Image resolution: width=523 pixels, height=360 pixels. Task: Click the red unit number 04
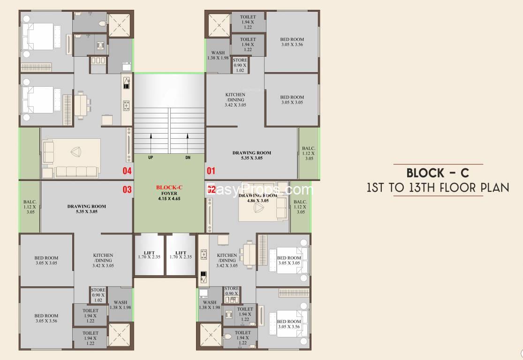127,171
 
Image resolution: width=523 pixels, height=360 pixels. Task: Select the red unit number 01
211,171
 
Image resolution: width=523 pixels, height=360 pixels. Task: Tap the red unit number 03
127,190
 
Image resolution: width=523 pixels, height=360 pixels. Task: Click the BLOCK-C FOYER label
169,193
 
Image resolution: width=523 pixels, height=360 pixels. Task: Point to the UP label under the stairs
151,158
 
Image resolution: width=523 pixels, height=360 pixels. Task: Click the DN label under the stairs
188,158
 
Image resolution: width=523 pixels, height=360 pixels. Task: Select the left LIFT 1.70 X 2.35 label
149,255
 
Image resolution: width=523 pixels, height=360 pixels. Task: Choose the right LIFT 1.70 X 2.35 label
181,255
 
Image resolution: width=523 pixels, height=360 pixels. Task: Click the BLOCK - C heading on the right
438,173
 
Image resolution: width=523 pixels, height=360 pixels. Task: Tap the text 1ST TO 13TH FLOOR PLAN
438,188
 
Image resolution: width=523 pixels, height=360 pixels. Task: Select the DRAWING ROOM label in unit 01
251,155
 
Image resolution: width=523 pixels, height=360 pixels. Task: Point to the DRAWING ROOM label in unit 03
86,209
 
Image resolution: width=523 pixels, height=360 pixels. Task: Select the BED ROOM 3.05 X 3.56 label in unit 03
46,318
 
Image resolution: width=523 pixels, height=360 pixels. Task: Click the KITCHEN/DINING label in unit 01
235,100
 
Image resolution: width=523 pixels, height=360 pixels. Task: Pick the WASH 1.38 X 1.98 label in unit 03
120,305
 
